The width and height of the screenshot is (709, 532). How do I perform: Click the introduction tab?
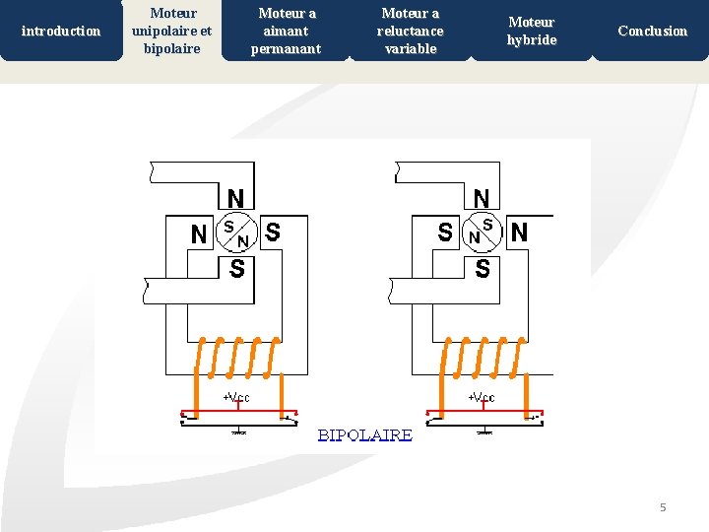pos(61,31)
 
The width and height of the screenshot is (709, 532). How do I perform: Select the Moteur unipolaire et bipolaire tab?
pos(171,31)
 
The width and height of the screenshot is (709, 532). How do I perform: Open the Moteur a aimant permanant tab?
pos(287,31)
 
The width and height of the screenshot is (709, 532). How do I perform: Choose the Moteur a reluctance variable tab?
pos(410,31)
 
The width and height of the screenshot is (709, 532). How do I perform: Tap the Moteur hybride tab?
pos(532,31)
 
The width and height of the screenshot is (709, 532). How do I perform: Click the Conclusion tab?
pos(652,31)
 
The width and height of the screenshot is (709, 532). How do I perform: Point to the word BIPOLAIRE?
pos(364,434)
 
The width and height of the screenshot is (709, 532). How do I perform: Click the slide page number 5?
pos(663,507)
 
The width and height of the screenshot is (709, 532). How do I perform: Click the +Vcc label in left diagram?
pos(236,398)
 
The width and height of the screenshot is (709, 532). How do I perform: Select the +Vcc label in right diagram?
pos(482,398)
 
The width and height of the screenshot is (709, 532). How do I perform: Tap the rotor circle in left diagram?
pos(236,233)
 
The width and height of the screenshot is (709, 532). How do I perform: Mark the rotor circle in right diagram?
pos(482,233)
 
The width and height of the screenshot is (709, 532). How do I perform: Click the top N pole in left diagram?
pos(236,198)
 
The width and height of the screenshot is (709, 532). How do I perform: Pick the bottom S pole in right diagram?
pos(483,268)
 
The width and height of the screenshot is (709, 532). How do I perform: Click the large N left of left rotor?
pos(199,234)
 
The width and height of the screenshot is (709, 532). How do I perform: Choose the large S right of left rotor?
pos(273,233)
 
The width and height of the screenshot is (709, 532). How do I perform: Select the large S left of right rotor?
pos(445,233)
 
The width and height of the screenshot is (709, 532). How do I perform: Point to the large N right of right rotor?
pos(519,233)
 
